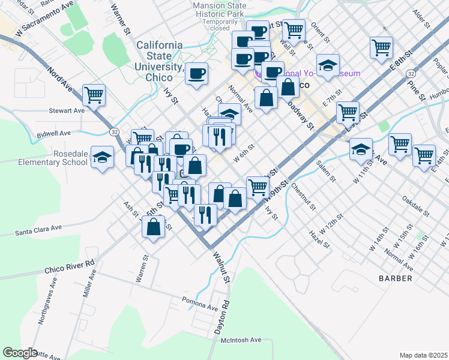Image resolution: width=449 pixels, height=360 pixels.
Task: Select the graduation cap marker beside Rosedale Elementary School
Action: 103,157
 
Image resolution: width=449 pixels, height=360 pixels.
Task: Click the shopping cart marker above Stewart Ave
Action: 94,95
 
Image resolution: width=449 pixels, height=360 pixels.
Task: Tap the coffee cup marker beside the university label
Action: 197,74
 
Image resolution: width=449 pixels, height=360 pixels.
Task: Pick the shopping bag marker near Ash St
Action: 154,227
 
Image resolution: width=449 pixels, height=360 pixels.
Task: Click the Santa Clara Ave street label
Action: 38,229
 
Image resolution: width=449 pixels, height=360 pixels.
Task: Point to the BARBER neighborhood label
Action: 395,278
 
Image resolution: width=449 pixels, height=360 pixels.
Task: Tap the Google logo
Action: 20,353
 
